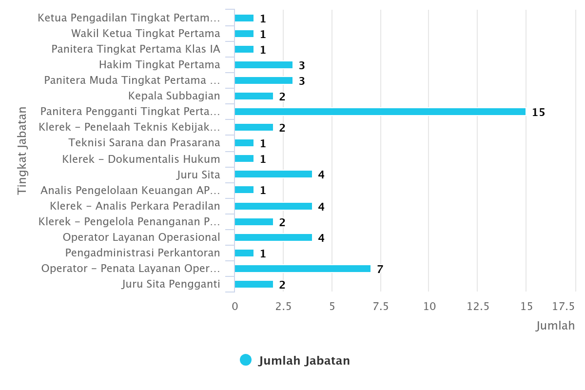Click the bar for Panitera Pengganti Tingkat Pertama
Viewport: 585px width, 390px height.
[x=380, y=112]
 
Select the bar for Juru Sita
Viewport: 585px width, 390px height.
[x=273, y=174]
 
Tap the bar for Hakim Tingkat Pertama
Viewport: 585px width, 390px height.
[x=263, y=65]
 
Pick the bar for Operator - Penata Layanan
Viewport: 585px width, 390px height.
[x=302, y=269]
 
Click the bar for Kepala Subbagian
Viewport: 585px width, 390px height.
[x=253, y=96]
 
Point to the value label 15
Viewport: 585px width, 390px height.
[x=538, y=112]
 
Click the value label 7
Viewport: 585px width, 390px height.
[x=380, y=269]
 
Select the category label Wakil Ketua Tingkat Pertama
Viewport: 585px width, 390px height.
[x=145, y=34]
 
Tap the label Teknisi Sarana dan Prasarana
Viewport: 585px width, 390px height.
[x=144, y=143]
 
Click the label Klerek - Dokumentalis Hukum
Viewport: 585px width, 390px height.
[x=141, y=159]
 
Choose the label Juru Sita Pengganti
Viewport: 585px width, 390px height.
[x=171, y=284]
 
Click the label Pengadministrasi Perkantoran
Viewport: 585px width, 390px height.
[x=142, y=253]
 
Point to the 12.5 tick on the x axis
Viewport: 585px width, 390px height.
[x=478, y=306]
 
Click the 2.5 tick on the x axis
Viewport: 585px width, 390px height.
[x=283, y=306]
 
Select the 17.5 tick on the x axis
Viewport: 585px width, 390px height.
[x=564, y=306]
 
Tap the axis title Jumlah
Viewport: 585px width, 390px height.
[x=555, y=325]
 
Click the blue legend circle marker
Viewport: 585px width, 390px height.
[x=246, y=360]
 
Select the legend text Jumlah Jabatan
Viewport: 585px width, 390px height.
[x=304, y=361]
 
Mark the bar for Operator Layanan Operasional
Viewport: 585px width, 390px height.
[x=273, y=237]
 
